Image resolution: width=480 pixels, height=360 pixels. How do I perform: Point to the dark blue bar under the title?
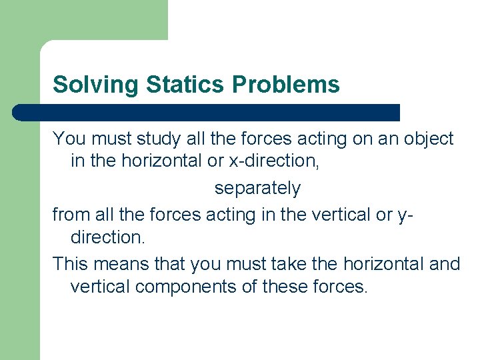click(207, 113)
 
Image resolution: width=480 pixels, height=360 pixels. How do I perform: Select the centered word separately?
click(257, 189)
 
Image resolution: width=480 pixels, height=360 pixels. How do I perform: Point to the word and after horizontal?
click(445, 264)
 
